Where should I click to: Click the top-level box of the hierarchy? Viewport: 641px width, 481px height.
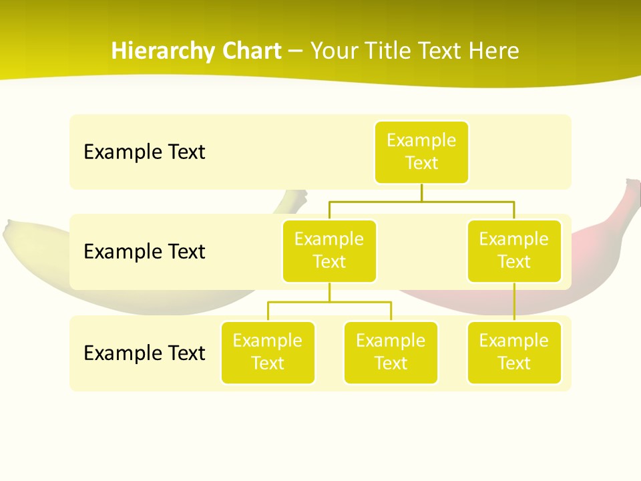(421, 152)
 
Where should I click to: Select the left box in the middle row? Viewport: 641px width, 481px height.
(329, 251)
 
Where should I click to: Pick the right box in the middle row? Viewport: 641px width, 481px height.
(514, 251)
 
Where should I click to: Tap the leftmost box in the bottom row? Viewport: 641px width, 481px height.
(268, 353)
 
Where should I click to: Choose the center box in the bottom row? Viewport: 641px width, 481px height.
(391, 353)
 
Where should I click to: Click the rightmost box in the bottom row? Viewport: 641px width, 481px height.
(514, 353)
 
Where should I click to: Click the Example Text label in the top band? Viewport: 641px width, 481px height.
(144, 152)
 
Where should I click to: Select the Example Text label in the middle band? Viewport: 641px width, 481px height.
(144, 252)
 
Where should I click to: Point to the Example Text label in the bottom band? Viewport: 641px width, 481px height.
(144, 353)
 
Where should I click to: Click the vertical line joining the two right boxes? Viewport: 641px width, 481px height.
(514, 302)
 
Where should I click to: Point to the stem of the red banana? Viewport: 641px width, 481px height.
(630, 194)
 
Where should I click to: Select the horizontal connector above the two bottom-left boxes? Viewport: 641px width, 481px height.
(329, 302)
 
